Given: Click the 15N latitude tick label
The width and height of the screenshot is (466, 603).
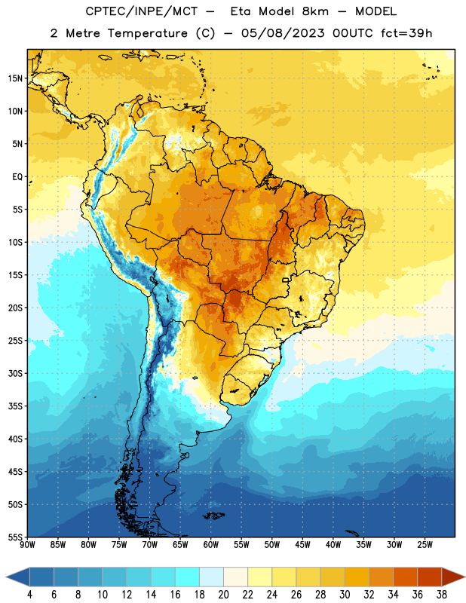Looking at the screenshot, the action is pos(15,78).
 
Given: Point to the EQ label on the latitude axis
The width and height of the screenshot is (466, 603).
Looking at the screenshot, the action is pos(17,177).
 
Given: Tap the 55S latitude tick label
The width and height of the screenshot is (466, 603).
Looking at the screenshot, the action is pos(15,537).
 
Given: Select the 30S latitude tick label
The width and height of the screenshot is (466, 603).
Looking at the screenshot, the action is pos(15,373).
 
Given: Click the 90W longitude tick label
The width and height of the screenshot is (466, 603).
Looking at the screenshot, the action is pos(27,544).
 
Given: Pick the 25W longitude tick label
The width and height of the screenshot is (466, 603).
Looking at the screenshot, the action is pos(425,544).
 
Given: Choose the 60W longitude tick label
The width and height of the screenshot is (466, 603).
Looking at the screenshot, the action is pos(211,544).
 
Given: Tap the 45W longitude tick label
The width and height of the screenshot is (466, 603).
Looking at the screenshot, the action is pos(302,544).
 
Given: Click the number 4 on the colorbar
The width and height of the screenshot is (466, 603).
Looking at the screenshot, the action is pos(29,595).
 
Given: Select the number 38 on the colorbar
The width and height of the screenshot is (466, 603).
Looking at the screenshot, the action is pos(442,595).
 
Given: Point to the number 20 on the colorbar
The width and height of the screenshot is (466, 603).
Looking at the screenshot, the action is pos(223,595).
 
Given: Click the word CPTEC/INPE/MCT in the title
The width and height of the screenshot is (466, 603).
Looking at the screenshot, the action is pos(141,11).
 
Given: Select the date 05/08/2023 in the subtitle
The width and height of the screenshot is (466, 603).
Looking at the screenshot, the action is pos(283,33).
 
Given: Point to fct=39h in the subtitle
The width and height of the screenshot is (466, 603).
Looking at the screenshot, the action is pos(406,33).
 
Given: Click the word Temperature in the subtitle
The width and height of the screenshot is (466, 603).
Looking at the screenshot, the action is pos(147,33).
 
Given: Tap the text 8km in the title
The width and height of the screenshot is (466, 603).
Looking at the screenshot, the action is pos(315,11).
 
